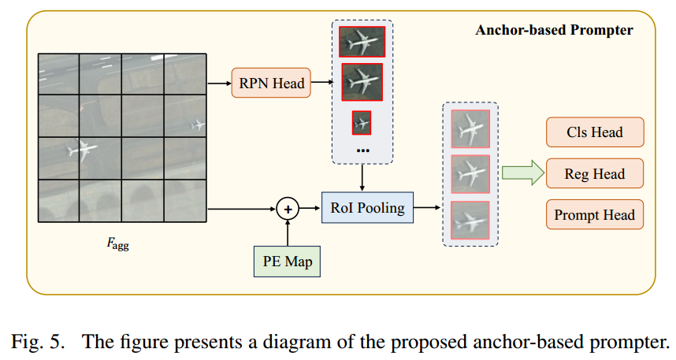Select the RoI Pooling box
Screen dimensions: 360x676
(x=362, y=208)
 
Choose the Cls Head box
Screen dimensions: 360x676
(x=594, y=132)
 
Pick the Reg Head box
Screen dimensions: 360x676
(x=594, y=174)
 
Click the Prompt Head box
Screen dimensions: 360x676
(x=594, y=215)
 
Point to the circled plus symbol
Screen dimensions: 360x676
(x=288, y=209)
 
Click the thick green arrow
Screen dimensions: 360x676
(x=522, y=173)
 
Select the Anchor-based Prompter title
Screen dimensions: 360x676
(x=553, y=31)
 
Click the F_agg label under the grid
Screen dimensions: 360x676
(x=118, y=243)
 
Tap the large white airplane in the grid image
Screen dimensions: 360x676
(x=84, y=150)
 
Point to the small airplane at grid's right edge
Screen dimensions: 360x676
(x=198, y=124)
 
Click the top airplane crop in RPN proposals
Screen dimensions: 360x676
(x=361, y=41)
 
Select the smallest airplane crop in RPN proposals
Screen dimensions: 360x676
(x=362, y=123)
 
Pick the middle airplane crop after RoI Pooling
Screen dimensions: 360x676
(x=470, y=174)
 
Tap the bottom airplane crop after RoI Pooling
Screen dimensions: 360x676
(x=470, y=221)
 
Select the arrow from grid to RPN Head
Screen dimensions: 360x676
(x=218, y=83)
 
